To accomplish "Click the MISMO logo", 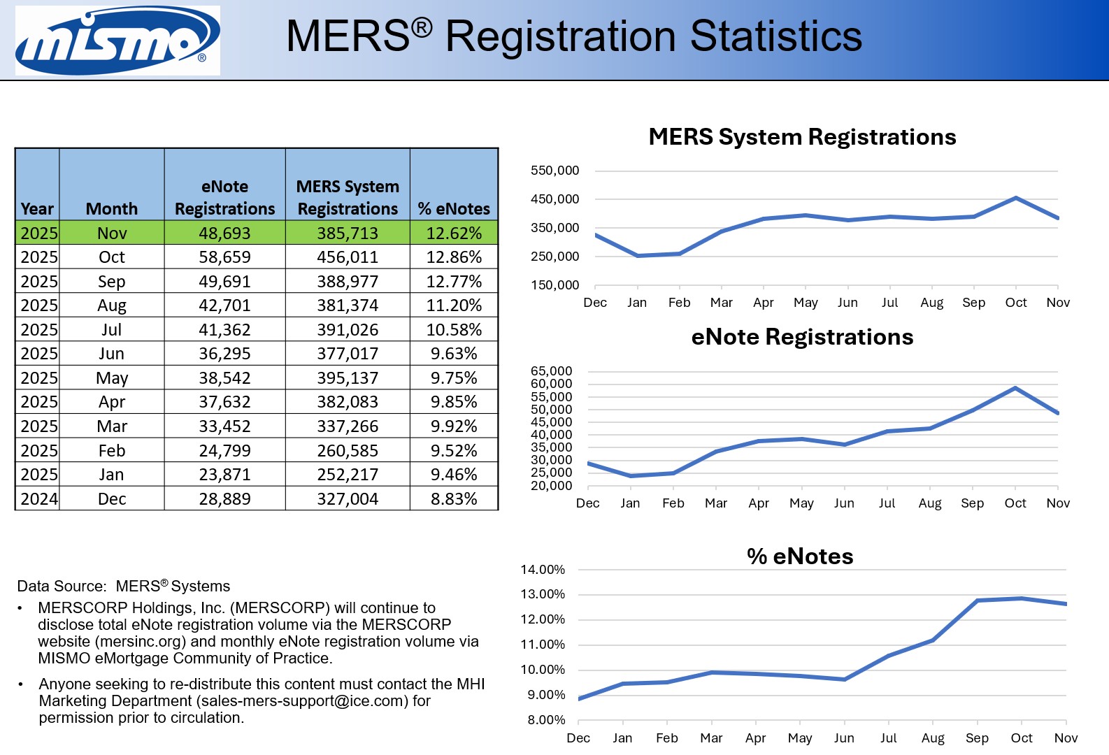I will tap(117, 41).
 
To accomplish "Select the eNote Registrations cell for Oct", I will tap(224, 257).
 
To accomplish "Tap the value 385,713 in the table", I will tap(348, 233).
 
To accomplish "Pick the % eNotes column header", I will tap(454, 209).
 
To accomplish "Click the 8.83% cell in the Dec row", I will tap(454, 499).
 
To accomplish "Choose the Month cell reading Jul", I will tap(112, 330).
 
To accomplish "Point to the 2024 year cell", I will tap(38, 499).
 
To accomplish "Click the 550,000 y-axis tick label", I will tap(554, 171).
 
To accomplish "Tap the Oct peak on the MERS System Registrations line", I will tap(1015, 199).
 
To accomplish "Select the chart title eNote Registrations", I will tap(802, 337).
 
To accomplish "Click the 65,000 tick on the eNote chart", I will tap(551, 371).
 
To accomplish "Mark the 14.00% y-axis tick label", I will tap(543, 570).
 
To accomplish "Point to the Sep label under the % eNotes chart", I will tap(977, 738).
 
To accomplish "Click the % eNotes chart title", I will tap(800, 556).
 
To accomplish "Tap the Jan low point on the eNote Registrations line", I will tap(631, 476).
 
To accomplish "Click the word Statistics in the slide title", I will tap(776, 36).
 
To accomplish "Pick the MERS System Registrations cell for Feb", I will tap(348, 451).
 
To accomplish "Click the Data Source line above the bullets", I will tap(124, 586).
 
